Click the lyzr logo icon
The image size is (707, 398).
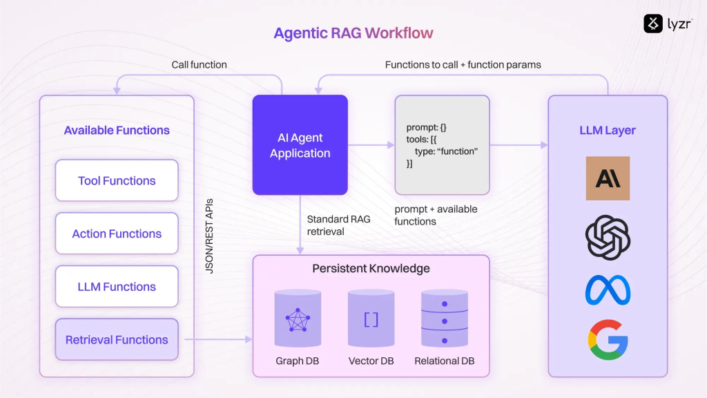pyautogui.click(x=653, y=23)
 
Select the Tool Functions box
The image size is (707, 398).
pyautogui.click(x=117, y=180)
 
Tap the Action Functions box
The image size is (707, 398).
pyautogui.click(x=117, y=234)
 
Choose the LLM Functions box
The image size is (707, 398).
pyautogui.click(x=117, y=287)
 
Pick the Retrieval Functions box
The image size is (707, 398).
pyautogui.click(x=117, y=339)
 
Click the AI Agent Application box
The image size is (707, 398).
pyautogui.click(x=300, y=145)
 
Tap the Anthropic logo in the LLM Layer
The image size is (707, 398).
pyautogui.click(x=608, y=178)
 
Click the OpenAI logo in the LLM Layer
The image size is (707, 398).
pyautogui.click(x=608, y=238)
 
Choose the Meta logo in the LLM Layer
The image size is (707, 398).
pyautogui.click(x=608, y=290)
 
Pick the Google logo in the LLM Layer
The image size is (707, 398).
pyautogui.click(x=608, y=340)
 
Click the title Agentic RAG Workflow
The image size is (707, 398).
pyautogui.click(x=353, y=33)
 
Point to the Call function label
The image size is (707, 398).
pyautogui.click(x=199, y=65)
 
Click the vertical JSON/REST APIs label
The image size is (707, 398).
pyautogui.click(x=210, y=237)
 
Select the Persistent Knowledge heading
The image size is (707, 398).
pyautogui.click(x=371, y=268)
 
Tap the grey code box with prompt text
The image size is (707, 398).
pyautogui.click(x=442, y=144)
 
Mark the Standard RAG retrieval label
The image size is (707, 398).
pyautogui.click(x=338, y=225)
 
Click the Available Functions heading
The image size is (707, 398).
pyautogui.click(x=117, y=130)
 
